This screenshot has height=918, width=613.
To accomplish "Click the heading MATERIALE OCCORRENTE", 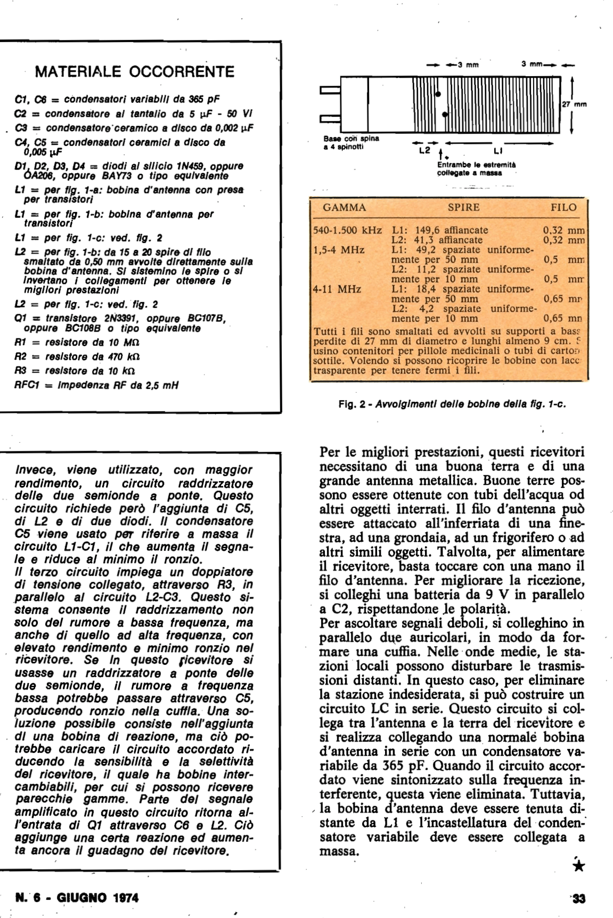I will (134, 72).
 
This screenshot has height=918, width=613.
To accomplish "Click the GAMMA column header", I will (344, 208).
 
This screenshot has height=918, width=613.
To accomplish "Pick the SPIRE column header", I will (463, 208).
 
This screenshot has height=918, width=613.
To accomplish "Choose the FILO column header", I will (563, 208).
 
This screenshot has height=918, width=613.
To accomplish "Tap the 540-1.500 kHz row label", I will (348, 231).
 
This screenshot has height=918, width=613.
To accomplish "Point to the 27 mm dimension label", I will (574, 104).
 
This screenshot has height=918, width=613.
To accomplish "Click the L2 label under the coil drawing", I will (424, 151).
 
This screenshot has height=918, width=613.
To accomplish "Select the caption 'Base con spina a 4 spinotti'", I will (351, 142).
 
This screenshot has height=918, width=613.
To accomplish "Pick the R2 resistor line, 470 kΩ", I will (77, 356).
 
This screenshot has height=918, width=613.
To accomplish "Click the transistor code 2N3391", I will (122, 319).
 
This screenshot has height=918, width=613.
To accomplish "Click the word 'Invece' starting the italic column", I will (33, 470).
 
